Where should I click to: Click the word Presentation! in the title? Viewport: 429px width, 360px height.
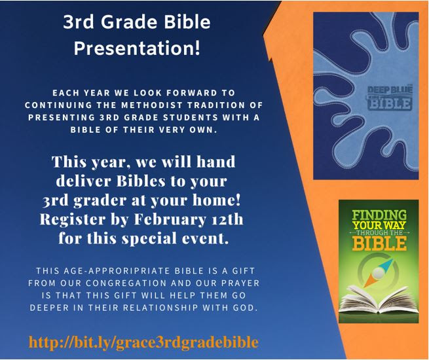click(137, 48)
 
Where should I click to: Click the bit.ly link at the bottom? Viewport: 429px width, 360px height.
click(143, 342)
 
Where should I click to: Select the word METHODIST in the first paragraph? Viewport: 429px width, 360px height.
click(152, 105)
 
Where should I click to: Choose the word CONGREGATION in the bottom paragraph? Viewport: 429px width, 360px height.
click(126, 283)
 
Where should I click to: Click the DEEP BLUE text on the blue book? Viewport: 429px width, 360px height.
click(390, 90)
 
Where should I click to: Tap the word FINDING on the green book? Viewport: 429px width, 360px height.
click(379, 215)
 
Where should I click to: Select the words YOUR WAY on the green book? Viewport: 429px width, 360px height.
click(379, 225)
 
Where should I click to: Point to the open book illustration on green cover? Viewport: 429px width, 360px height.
click(379, 299)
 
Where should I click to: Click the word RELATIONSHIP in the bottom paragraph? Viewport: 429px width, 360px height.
click(160, 308)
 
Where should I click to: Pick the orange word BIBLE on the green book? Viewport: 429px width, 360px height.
click(379, 243)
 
